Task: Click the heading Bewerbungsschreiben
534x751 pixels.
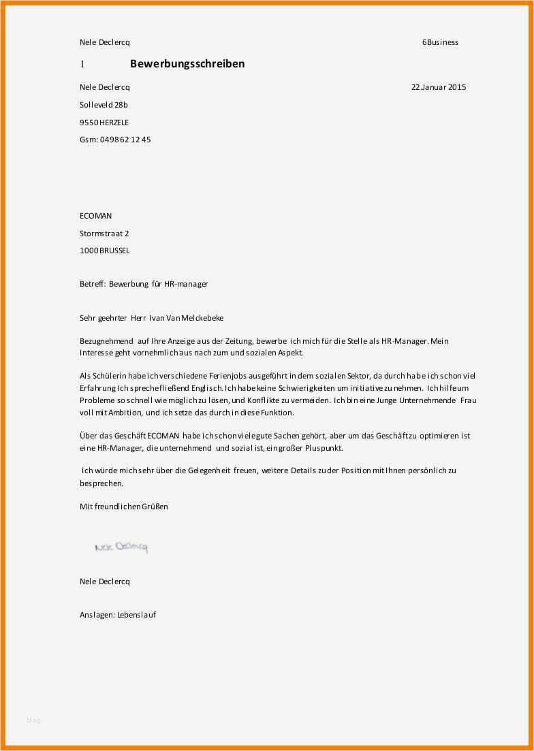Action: (187, 64)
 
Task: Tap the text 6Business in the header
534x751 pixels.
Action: (440, 42)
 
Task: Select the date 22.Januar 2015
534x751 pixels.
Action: (439, 87)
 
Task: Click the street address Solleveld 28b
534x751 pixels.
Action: (104, 105)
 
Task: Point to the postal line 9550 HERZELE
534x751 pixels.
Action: (104, 123)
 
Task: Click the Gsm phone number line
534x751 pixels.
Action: (115, 140)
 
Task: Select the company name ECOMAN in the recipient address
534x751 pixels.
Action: (95, 216)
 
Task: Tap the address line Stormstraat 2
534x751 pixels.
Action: (104, 234)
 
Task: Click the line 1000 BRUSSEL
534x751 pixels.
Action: (104, 251)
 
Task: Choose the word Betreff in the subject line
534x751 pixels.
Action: (92, 284)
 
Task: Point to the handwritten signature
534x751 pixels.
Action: (121, 547)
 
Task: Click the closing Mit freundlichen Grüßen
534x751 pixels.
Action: (123, 507)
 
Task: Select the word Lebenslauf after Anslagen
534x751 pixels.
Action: (136, 615)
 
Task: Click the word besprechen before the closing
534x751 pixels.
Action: (101, 483)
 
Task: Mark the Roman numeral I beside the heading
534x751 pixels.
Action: (82, 64)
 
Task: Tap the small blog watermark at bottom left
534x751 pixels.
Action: (33, 720)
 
